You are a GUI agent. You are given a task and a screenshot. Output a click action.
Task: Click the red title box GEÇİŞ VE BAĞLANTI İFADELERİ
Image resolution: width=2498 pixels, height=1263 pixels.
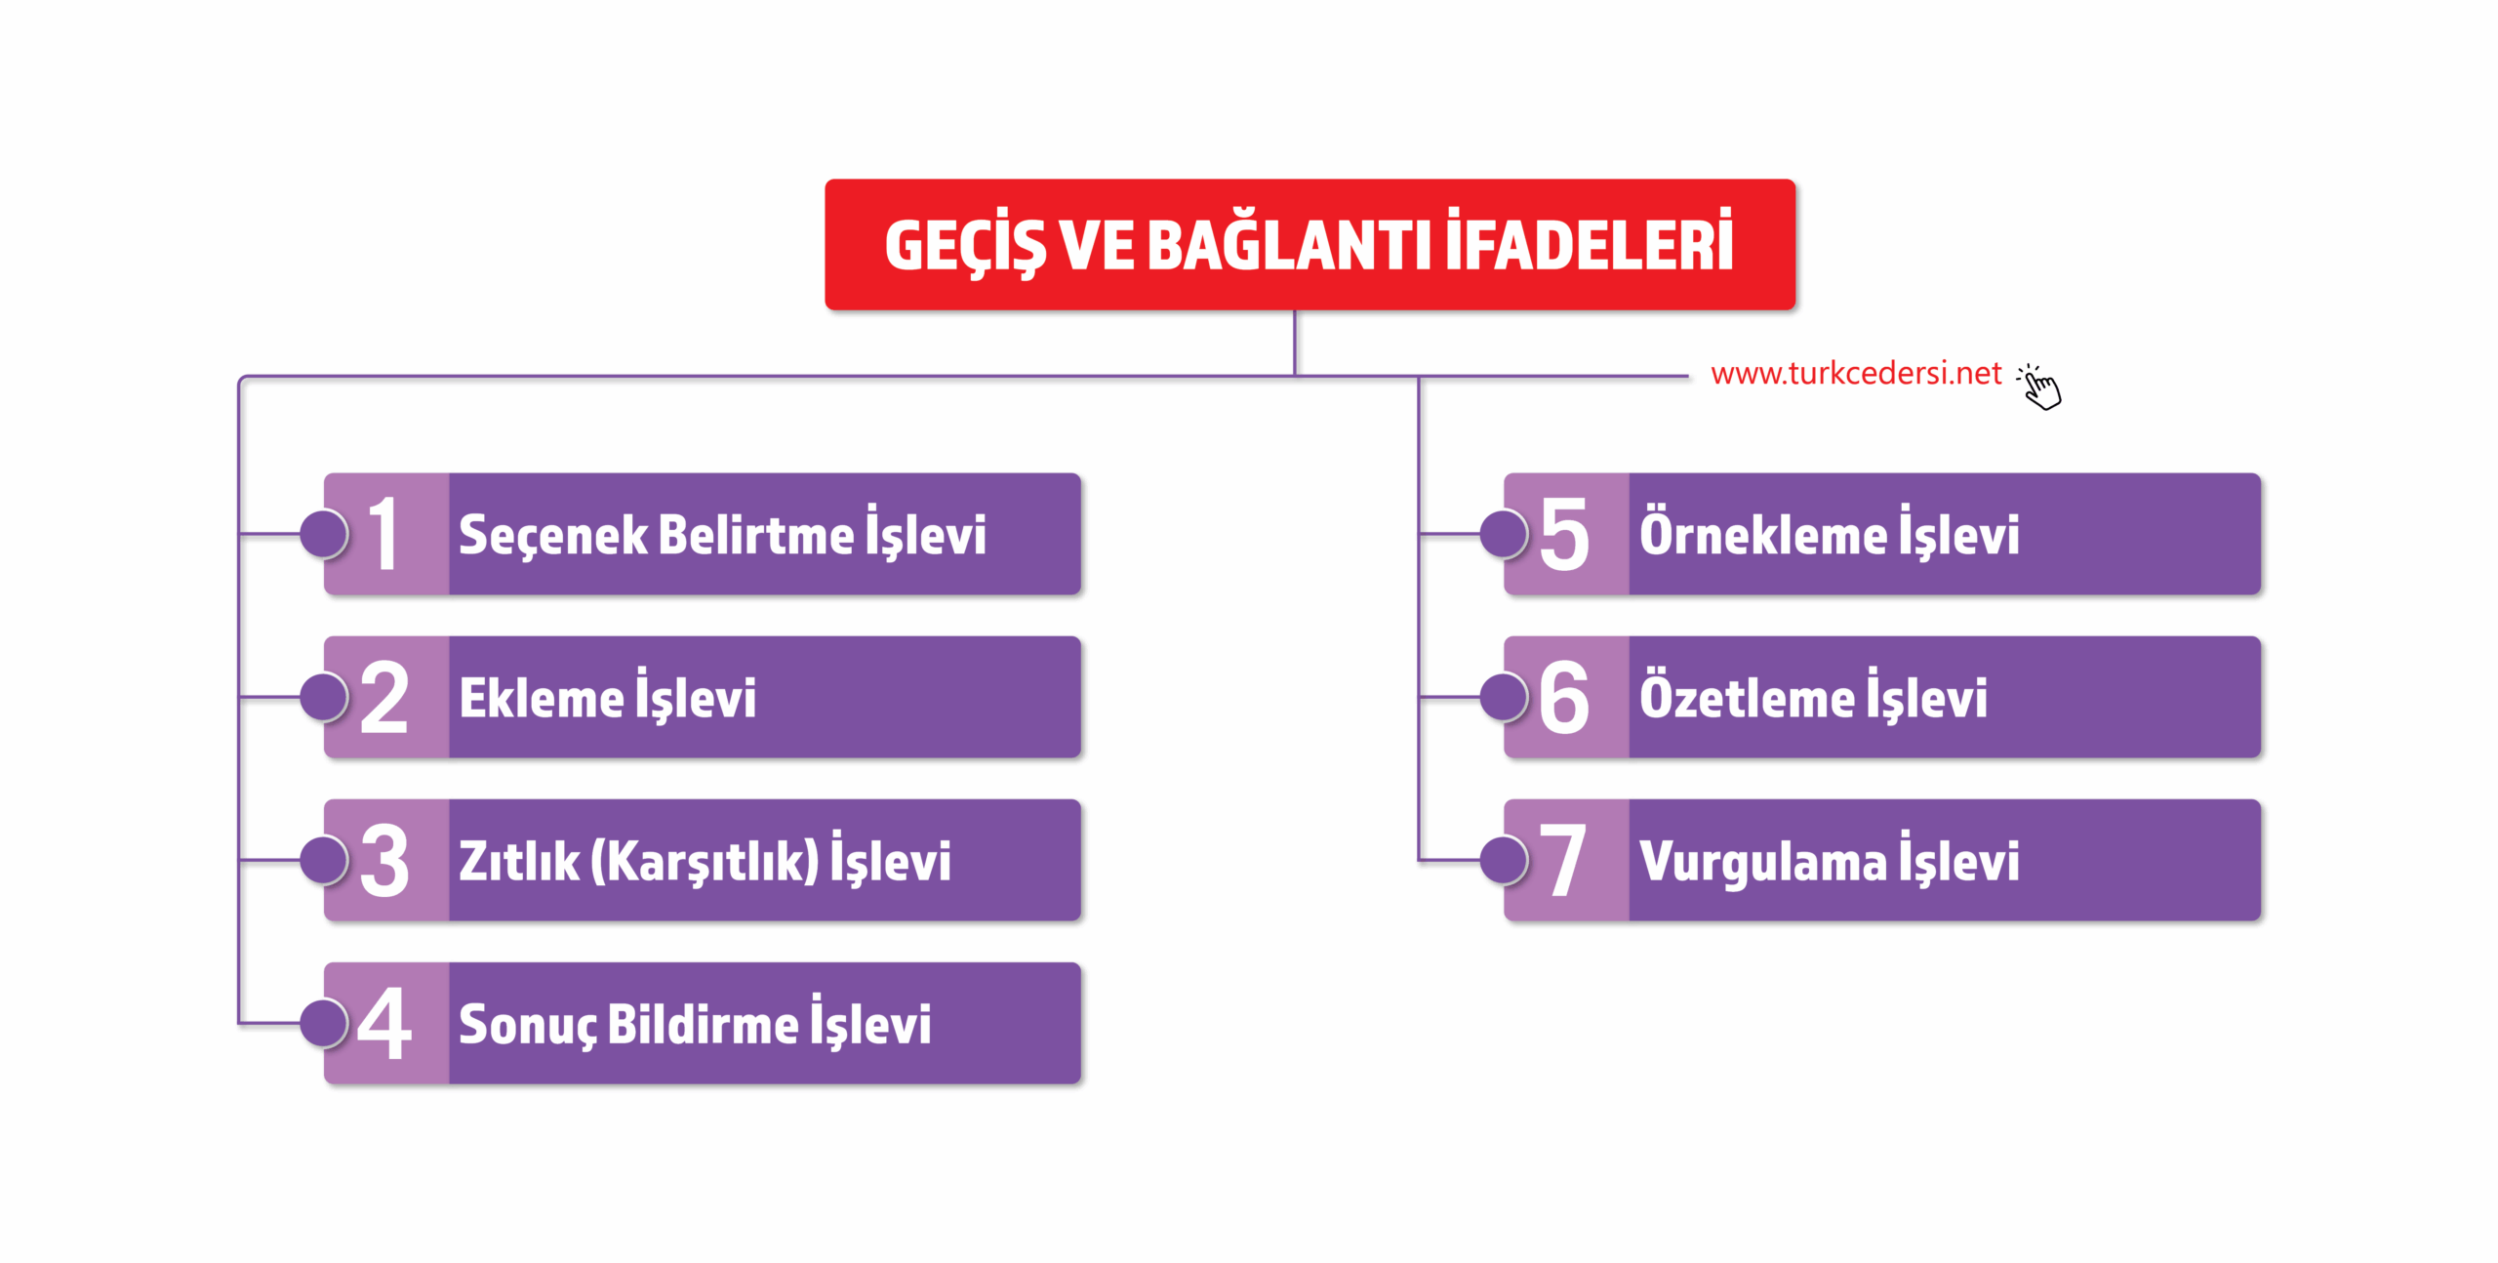tap(1309, 244)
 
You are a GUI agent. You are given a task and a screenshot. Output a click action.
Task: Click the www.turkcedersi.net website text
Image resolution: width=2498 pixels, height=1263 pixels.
tap(1855, 374)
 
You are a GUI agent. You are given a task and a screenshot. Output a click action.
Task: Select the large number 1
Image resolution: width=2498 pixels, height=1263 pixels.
tap(383, 534)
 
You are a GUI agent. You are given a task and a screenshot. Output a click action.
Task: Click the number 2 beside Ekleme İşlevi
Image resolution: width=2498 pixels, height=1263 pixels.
tap(383, 697)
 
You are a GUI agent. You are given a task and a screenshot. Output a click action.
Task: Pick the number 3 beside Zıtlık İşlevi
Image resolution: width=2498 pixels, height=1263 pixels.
tap(383, 860)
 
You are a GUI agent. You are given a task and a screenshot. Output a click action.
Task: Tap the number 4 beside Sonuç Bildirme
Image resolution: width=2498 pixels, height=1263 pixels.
tap(383, 1023)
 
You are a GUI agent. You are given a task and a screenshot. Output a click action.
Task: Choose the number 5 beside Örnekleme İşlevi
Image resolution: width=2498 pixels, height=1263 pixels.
tap(1563, 534)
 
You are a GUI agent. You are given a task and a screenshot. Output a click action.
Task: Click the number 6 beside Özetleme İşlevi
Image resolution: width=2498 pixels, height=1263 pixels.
tap(1563, 697)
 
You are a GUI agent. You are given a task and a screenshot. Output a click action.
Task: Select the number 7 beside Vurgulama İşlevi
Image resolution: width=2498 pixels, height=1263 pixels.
tap(1563, 860)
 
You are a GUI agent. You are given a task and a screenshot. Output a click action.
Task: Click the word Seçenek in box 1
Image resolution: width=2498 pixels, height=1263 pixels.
tap(552, 536)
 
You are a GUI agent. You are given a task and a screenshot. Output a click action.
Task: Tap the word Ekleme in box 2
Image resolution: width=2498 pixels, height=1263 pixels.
tap(542, 699)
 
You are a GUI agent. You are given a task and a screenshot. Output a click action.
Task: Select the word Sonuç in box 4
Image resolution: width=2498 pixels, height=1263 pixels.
tap(527, 1025)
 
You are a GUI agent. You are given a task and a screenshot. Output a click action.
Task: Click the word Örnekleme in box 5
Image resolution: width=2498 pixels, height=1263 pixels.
tap(1762, 535)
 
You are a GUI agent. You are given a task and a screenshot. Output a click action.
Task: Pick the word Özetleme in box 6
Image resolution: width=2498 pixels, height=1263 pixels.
tap(1747, 698)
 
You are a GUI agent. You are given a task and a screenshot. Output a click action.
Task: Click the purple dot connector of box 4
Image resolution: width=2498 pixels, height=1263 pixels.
tap(324, 1023)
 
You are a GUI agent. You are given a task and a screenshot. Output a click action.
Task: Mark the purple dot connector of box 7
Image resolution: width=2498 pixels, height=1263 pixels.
tap(1504, 860)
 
